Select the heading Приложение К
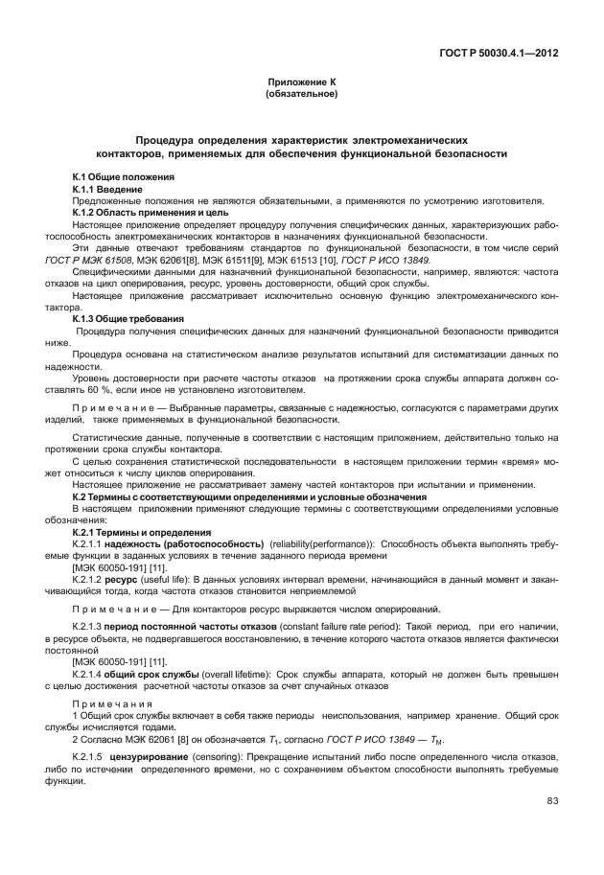[x=301, y=83]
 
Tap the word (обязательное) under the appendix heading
[x=301, y=95]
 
